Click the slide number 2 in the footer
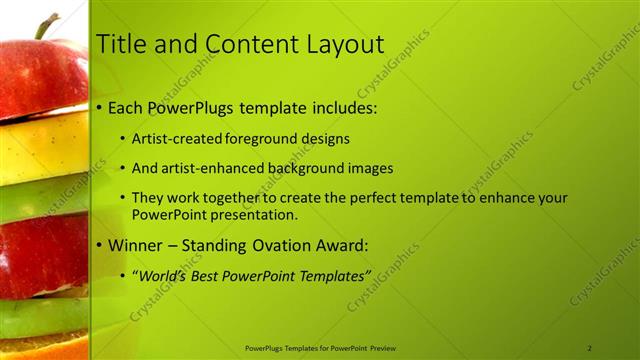click(x=590, y=348)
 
